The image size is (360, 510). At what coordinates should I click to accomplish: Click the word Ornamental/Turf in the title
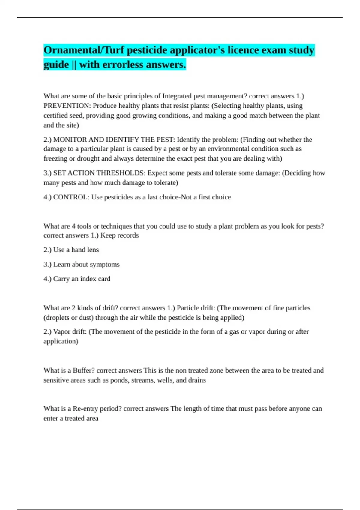(x=84, y=50)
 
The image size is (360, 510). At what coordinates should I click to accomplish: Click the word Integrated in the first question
(x=177, y=96)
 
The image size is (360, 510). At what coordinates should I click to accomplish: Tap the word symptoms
(x=107, y=265)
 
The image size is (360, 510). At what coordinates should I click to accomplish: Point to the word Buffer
(x=82, y=370)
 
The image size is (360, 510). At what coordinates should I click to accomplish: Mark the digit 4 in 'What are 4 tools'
(x=73, y=226)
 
